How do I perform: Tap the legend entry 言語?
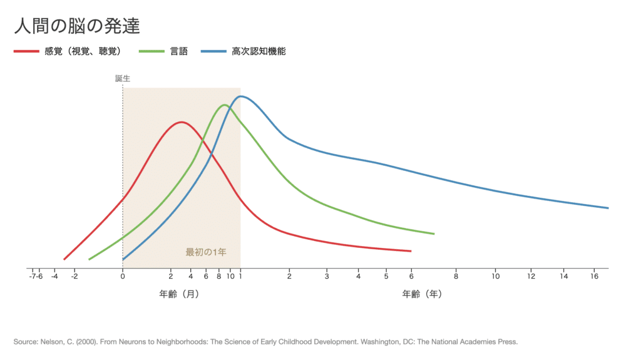tap(178, 51)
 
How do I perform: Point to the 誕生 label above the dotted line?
tap(123, 79)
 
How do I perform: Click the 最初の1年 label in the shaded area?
tap(205, 252)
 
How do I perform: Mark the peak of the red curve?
tap(181, 121)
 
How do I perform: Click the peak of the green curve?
tap(224, 105)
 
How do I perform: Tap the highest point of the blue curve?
tap(241, 96)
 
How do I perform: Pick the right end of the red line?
tap(411, 251)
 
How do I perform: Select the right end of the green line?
tap(434, 234)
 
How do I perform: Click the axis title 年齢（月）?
tap(179, 294)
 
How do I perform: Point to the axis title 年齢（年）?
tap(422, 294)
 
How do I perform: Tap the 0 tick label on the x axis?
tap(123, 276)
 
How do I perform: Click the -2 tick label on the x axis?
tap(74, 276)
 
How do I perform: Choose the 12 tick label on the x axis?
tap(531, 276)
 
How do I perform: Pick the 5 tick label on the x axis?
tap(386, 276)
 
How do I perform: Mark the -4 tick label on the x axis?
tap(54, 276)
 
